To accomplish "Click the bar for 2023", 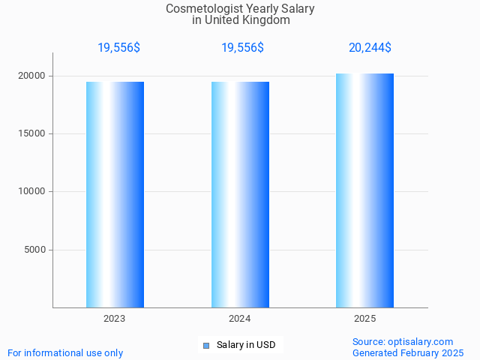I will (115, 194).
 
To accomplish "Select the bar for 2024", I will (240, 194).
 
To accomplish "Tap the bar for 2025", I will (364, 190).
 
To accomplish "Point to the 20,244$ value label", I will (370, 48).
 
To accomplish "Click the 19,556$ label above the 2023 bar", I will (118, 48).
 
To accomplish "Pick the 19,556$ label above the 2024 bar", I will (242, 48).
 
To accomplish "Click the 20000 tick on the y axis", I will (32, 76).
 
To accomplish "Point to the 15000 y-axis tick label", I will (32, 133).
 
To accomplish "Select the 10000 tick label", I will (32, 191).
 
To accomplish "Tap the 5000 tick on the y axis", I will (35, 250).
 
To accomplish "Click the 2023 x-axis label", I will (115, 319).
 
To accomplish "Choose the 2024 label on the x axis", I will (240, 319).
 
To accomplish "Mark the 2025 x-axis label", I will (365, 319).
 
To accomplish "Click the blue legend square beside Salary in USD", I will (206, 346).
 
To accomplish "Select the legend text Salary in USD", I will (246, 345).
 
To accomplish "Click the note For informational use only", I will (65, 352).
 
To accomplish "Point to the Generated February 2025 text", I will (408, 352).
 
